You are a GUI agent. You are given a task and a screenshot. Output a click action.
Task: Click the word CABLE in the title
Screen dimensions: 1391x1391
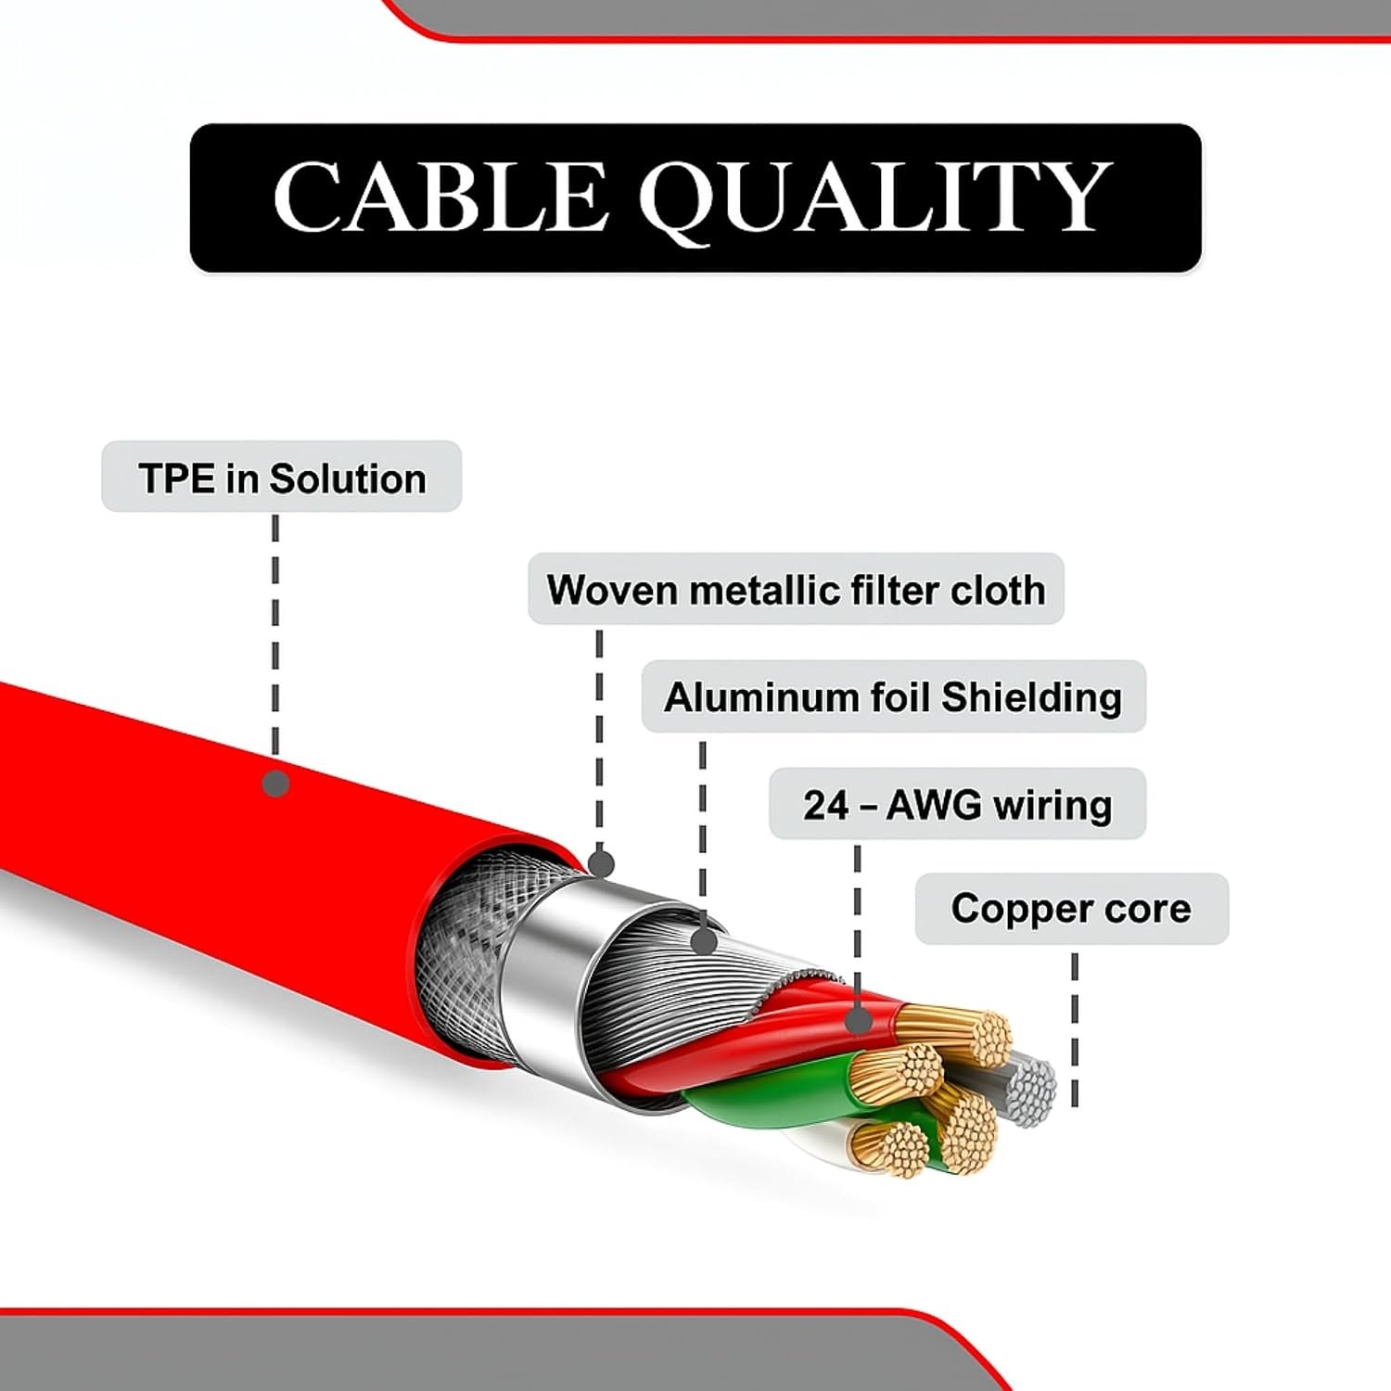[x=440, y=197]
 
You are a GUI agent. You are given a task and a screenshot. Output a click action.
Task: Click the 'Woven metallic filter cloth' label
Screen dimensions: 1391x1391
[x=796, y=590]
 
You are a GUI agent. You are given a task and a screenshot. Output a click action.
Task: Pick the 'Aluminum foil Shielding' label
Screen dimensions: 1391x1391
[x=893, y=697]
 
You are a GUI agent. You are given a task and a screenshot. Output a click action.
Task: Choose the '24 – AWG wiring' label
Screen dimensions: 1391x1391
[x=957, y=805]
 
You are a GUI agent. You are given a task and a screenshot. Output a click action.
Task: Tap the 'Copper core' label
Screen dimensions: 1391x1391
[x=1071, y=909]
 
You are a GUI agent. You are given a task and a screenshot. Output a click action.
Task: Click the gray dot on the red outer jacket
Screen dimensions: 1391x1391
[x=276, y=784]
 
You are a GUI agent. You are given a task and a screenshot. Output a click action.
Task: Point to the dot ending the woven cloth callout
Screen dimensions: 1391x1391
[x=601, y=864]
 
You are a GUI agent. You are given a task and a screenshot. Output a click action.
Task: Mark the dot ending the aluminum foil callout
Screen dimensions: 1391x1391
[x=704, y=941]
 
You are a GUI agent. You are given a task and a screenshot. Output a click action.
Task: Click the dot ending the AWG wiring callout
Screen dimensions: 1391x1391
[x=860, y=1021]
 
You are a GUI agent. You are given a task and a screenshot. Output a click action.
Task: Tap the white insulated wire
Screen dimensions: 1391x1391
[x=816, y=1145]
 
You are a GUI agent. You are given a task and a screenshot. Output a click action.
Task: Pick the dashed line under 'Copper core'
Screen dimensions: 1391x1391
[x=1075, y=1029]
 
